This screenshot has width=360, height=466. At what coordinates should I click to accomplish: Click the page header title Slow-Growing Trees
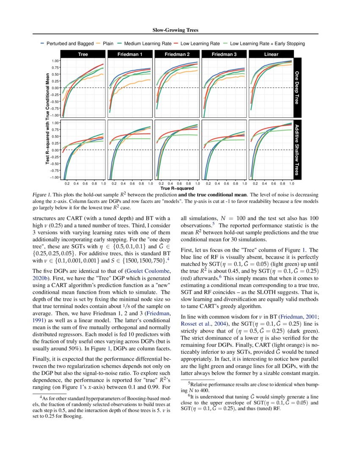tap(180, 30)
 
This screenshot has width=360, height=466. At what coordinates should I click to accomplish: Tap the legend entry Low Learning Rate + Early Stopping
tap(267, 43)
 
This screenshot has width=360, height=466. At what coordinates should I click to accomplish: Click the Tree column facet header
tap(83, 54)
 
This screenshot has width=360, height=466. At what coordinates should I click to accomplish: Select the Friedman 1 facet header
tap(130, 54)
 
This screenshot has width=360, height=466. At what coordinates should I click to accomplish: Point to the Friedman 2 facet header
tap(177, 54)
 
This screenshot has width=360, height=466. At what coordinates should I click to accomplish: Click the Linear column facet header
tap(271, 54)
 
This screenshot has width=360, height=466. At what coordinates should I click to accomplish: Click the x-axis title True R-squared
tap(177, 188)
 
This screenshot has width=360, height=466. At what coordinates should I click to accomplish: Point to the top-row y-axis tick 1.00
tap(55, 61)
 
